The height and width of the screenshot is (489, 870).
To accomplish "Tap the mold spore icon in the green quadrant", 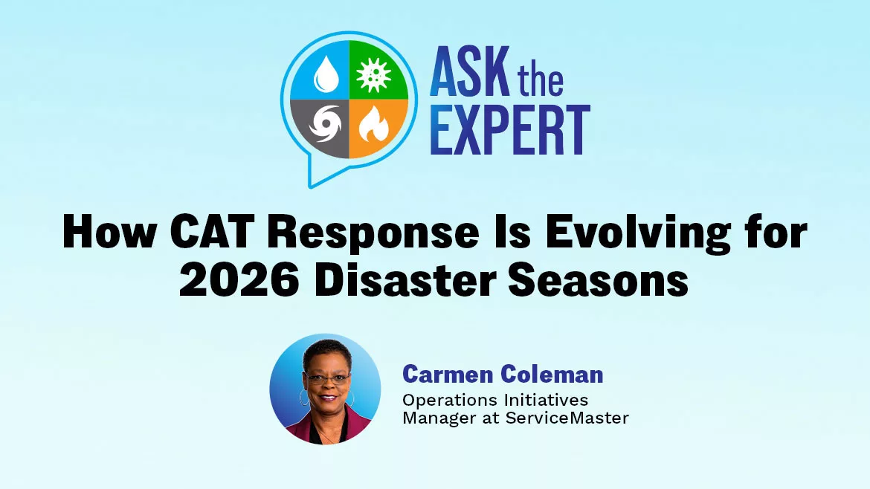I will point(375,74).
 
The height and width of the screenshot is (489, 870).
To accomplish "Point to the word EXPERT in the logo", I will point(510,130).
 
